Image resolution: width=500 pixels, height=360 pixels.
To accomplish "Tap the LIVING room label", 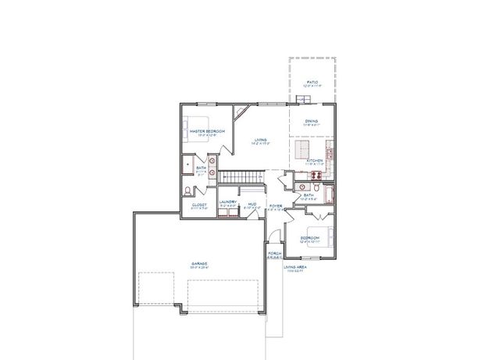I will [x=259, y=141].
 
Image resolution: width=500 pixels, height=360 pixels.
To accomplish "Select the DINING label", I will [x=312, y=121].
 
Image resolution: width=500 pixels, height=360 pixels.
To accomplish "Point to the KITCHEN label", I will [x=315, y=161].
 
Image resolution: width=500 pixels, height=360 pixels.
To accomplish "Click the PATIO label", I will [x=312, y=81].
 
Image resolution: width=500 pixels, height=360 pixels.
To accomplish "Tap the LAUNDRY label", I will [x=227, y=203].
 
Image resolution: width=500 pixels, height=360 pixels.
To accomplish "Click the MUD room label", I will [x=252, y=204].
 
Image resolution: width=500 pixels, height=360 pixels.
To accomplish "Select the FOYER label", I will [x=275, y=206].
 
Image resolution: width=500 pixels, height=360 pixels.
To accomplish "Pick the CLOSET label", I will [x=199, y=205].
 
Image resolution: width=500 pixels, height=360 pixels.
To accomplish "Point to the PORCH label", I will [x=275, y=254].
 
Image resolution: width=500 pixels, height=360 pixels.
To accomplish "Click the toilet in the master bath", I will [x=187, y=190].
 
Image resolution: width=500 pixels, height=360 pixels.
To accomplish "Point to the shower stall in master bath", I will [x=188, y=165].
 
